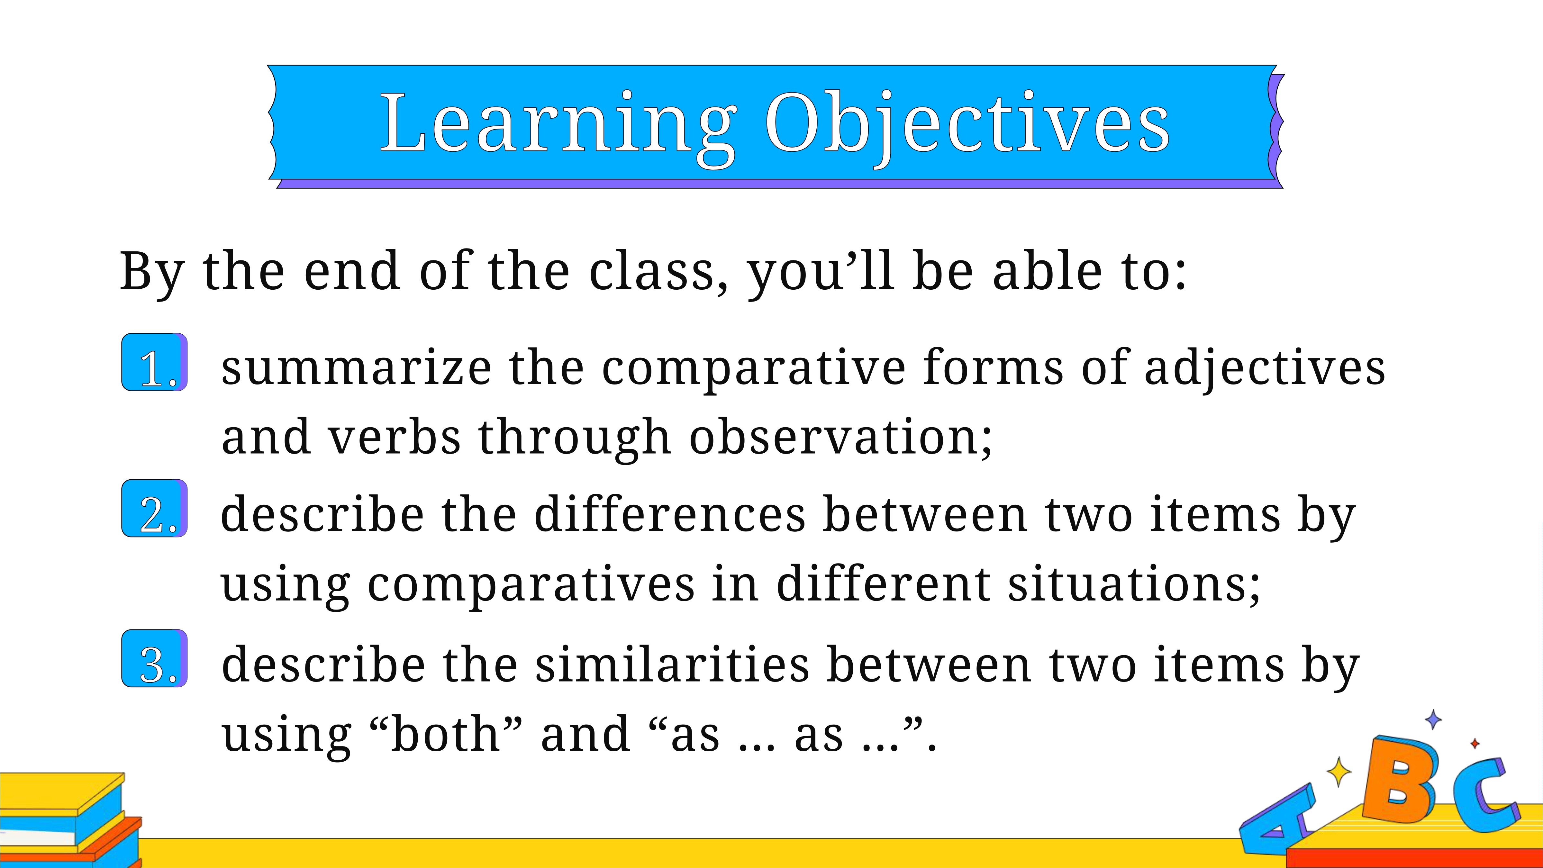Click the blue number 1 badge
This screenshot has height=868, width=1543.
(155, 362)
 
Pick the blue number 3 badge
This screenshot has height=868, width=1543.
(155, 658)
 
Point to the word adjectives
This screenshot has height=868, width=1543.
(1265, 368)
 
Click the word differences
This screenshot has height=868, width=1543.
(670, 514)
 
